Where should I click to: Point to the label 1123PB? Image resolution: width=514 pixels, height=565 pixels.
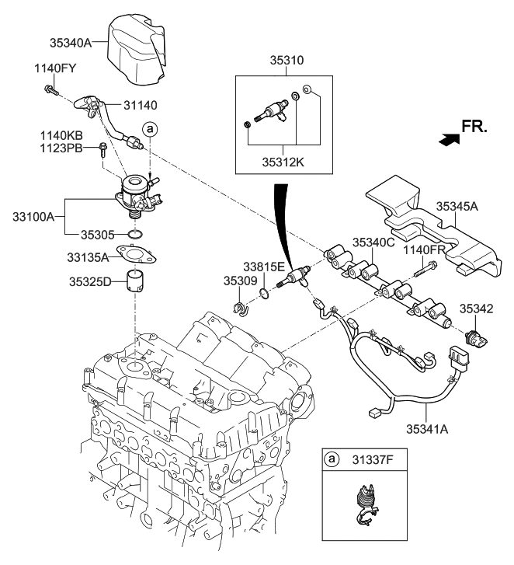[x=61, y=147]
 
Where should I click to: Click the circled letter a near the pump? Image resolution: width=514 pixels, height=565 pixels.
[x=149, y=128]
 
